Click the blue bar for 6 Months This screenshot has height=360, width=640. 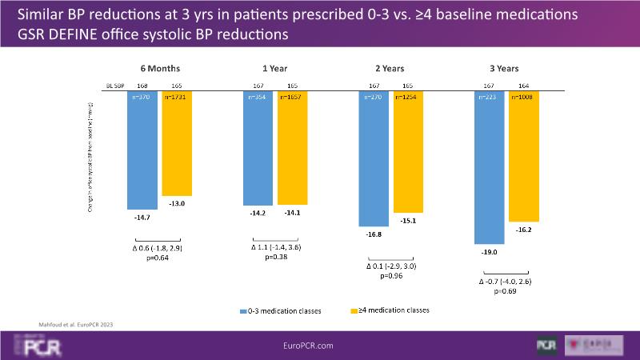point(142,150)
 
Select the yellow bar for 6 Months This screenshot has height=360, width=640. point(177,143)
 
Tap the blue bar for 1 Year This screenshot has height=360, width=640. point(258,148)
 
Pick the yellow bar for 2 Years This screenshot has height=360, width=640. point(409,152)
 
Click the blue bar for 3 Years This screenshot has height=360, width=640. point(490,167)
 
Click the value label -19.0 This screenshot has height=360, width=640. point(490,252)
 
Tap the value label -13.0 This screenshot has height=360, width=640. point(177,204)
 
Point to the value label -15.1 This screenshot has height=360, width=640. point(409,221)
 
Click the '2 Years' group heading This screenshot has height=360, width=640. point(391,68)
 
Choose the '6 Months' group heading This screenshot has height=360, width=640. point(160,68)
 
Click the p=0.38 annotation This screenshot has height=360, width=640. point(275,258)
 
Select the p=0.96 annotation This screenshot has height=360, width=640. point(391,275)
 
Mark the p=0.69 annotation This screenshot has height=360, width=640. point(506,291)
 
